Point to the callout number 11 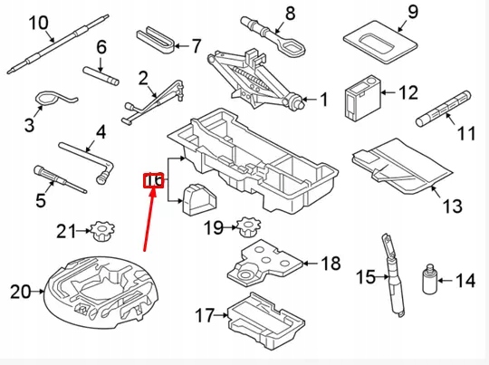coord(466,134)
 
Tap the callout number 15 coord(364,276)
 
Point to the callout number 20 coord(19,291)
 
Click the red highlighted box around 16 coord(154,182)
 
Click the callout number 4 coord(100,132)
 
